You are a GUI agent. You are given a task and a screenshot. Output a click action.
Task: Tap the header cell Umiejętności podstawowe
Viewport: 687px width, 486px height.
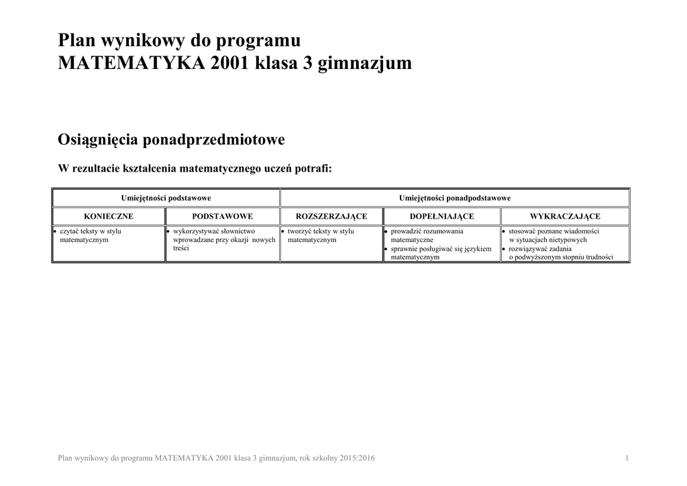[x=166, y=198]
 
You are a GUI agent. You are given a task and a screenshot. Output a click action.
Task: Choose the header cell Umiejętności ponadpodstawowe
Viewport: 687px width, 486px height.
[x=454, y=198]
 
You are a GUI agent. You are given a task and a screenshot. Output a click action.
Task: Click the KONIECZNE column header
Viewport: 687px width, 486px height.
[x=108, y=217]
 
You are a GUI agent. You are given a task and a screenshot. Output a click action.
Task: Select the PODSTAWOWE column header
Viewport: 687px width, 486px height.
[x=222, y=217]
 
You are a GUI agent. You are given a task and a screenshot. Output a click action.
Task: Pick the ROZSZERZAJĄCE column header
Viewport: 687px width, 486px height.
[x=331, y=217]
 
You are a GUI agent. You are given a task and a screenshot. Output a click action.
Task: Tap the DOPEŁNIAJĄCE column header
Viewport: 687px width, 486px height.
[x=441, y=217]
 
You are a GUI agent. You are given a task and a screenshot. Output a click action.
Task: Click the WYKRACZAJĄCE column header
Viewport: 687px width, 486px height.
[x=564, y=217]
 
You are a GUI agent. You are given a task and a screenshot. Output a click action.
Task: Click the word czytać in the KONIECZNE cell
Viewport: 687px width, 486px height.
[x=70, y=231]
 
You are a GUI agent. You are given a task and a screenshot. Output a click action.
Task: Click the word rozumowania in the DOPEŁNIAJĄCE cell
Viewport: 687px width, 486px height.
[x=441, y=231]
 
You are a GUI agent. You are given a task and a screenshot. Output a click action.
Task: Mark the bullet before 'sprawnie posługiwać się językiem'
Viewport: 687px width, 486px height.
[x=386, y=249]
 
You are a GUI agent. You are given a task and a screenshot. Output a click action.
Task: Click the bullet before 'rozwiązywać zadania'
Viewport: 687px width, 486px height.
[x=504, y=249]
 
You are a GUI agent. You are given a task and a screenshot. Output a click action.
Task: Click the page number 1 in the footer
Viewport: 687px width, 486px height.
[x=626, y=458]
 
